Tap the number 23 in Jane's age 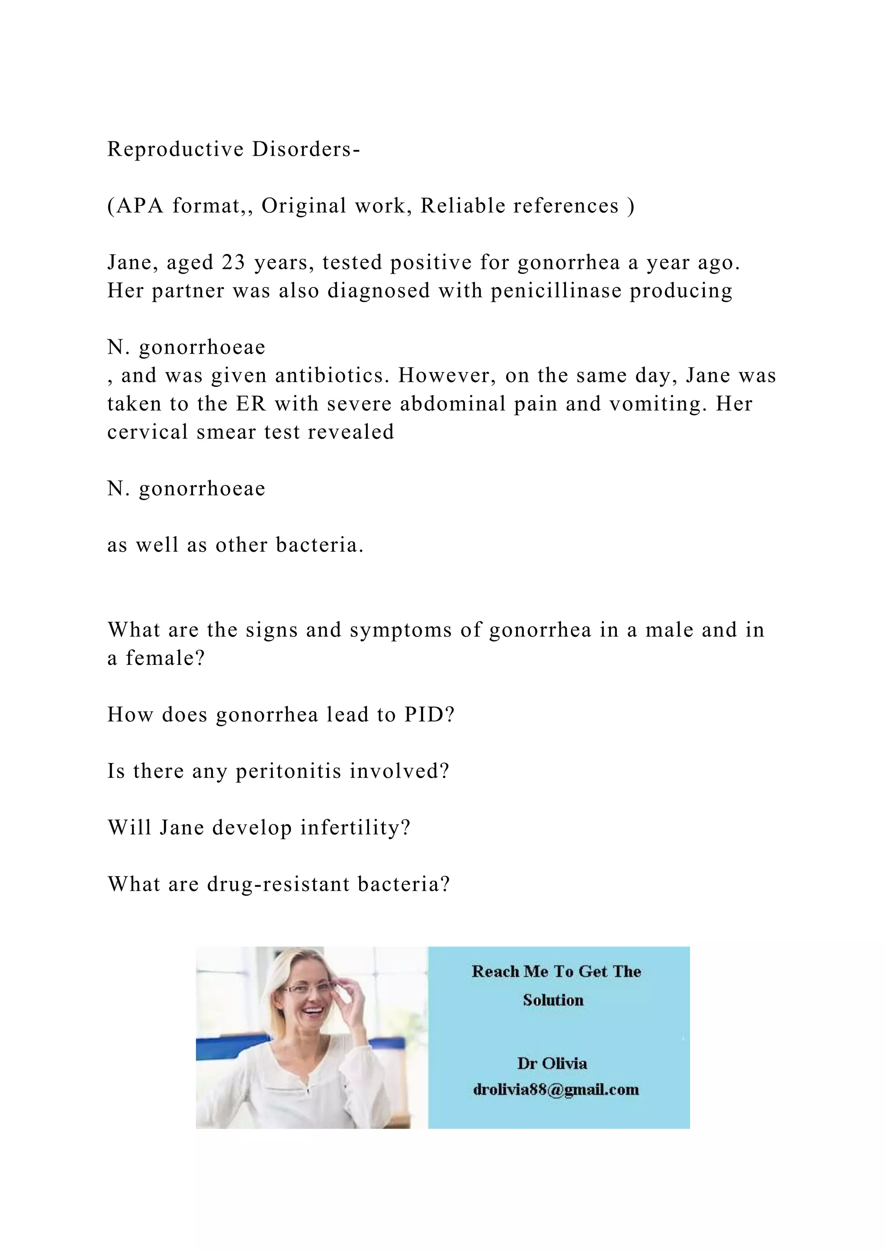(x=234, y=262)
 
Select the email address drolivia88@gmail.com (x=555, y=1089)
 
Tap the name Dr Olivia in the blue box (x=552, y=1064)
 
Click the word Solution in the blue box (x=553, y=1000)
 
